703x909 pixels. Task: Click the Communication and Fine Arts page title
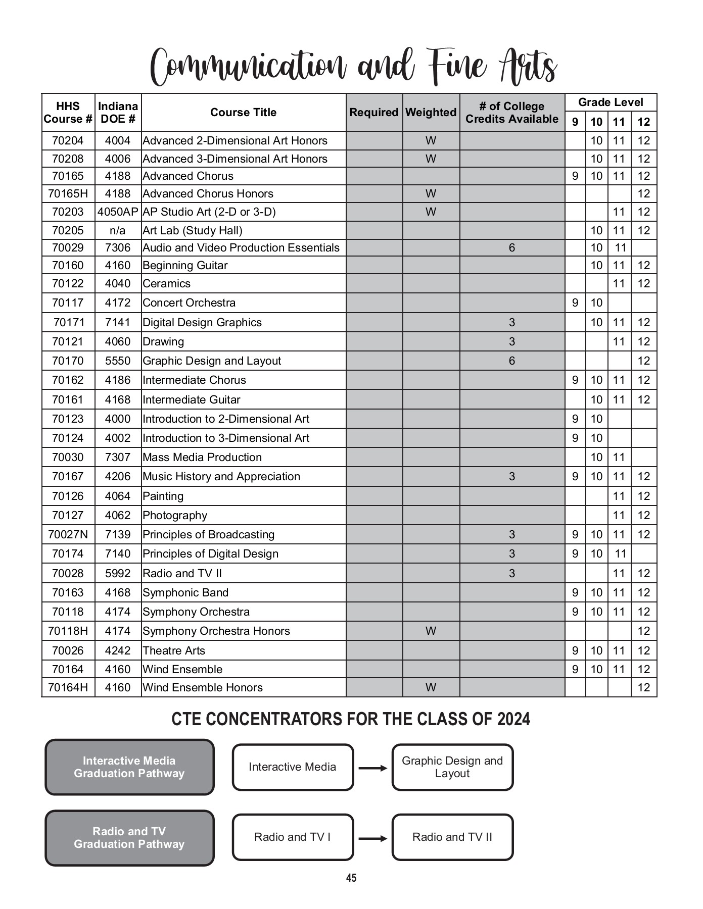click(x=353, y=67)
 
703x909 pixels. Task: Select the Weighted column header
click(x=431, y=113)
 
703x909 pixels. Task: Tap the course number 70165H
click(x=68, y=194)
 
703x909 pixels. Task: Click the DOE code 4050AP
click(x=118, y=212)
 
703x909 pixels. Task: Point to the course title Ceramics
click(x=166, y=284)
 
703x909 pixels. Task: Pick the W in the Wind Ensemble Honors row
click(x=431, y=688)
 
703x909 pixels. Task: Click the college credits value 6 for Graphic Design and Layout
click(x=512, y=361)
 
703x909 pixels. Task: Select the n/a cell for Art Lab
click(x=117, y=231)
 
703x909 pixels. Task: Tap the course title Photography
click(x=175, y=516)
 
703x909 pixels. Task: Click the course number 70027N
click(x=68, y=535)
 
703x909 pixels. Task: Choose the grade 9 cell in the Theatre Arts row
click(x=575, y=651)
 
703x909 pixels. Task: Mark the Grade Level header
click(x=611, y=103)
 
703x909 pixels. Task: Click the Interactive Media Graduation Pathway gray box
click(x=129, y=767)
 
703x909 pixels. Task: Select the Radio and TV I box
click(x=293, y=837)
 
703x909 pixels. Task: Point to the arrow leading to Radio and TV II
click(x=372, y=839)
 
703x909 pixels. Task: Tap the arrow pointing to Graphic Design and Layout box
click(x=372, y=768)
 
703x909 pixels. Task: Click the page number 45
click(x=351, y=878)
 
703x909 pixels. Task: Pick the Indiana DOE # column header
click(x=118, y=113)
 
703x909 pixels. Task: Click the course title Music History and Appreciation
click(x=221, y=477)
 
